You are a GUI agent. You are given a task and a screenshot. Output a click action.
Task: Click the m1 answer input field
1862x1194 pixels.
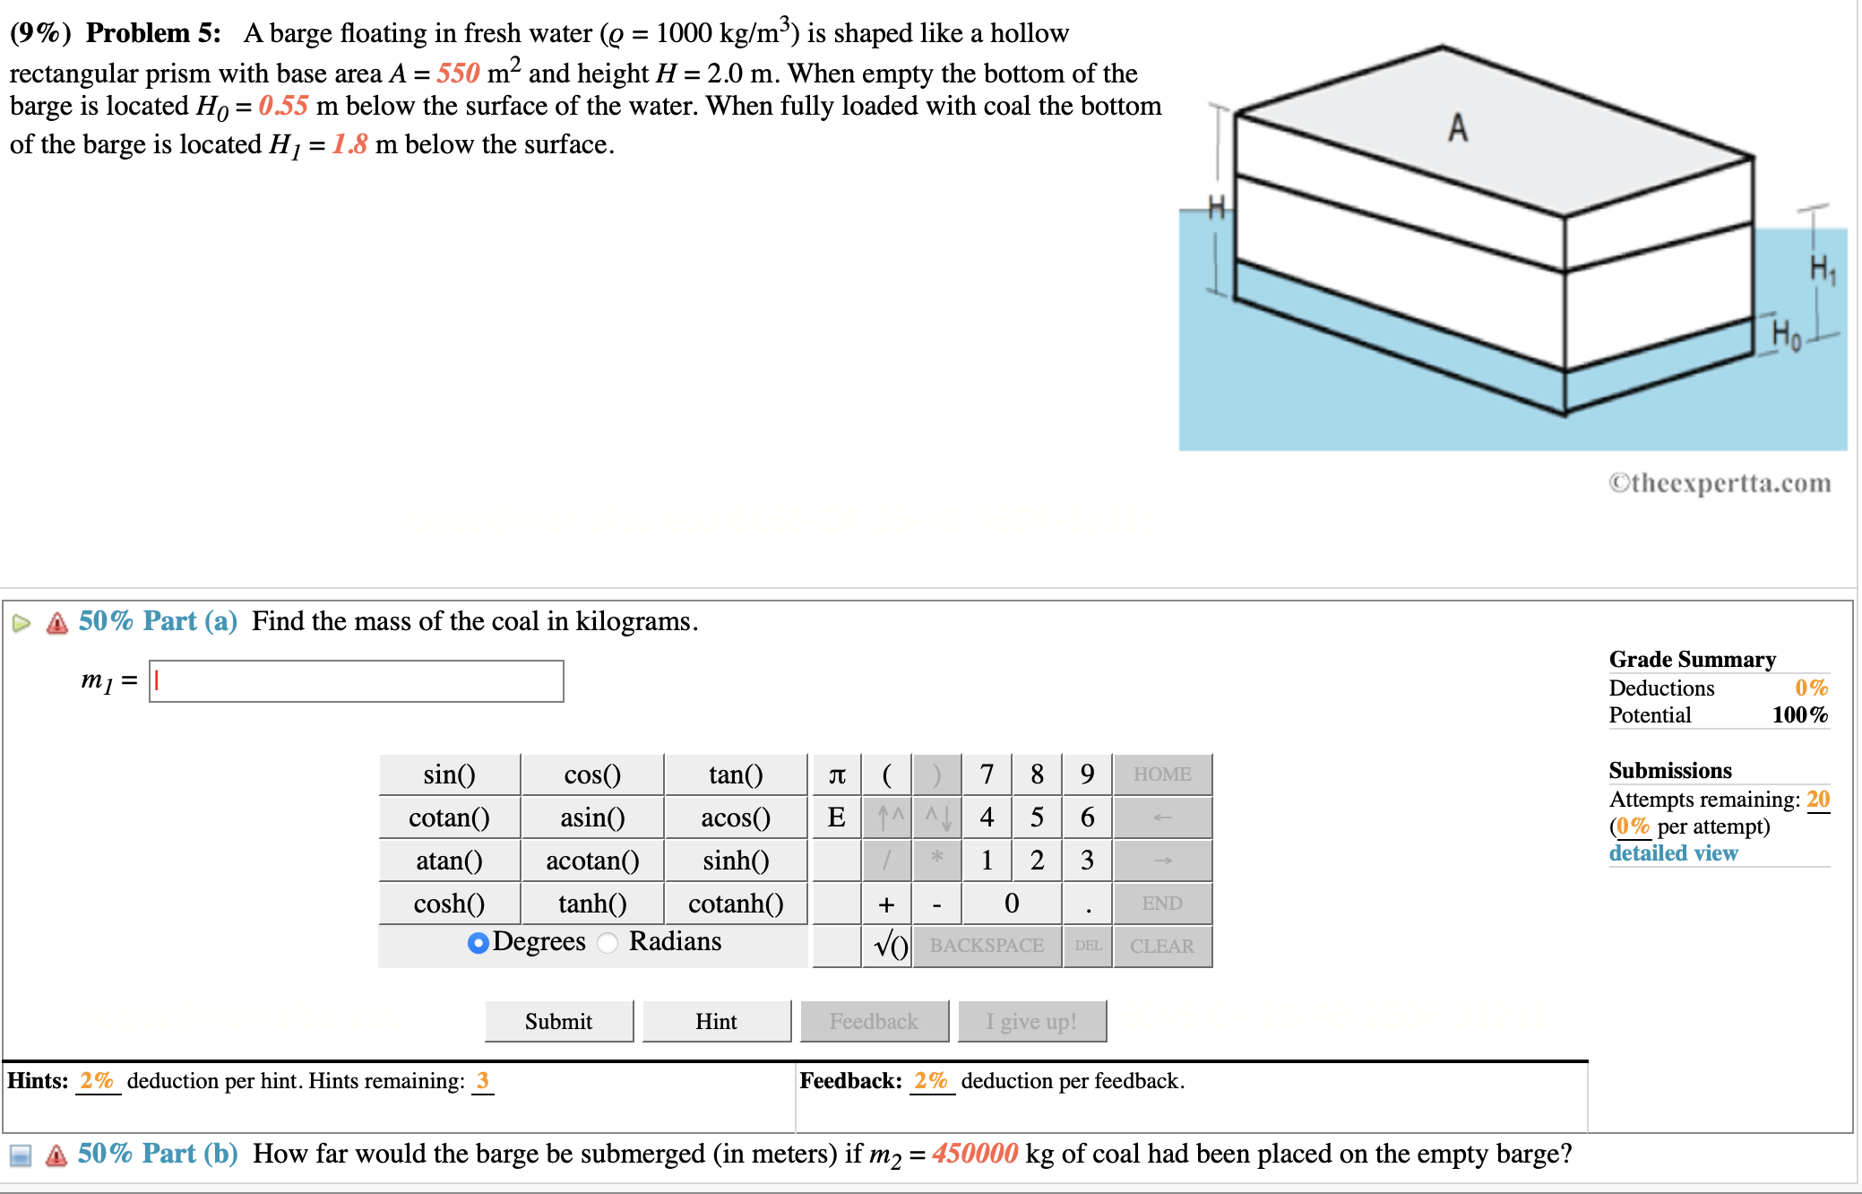pos(356,681)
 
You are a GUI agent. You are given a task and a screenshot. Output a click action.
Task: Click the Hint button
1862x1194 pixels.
pos(716,1021)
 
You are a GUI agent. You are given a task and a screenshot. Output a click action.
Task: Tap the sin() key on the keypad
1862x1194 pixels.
pos(449,774)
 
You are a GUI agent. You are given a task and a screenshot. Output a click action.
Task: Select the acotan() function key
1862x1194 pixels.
pos(592,861)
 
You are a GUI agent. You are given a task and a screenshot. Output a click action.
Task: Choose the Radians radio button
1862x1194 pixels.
pos(608,942)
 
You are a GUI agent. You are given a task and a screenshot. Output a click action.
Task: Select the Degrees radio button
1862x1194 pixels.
pos(478,942)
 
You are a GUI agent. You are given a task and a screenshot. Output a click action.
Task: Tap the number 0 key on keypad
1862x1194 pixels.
pos(1011,904)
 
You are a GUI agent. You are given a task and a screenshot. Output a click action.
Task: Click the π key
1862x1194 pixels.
pos(837,774)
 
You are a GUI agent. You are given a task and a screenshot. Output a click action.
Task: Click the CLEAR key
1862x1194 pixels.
pos(1161,946)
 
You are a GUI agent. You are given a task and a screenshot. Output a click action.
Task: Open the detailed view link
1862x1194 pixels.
pos(1673,852)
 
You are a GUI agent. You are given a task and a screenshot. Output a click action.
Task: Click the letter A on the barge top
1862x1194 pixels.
pos(1458,128)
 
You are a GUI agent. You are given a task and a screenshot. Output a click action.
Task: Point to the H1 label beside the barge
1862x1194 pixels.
pos(1822,268)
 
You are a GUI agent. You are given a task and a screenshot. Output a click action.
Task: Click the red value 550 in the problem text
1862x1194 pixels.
pos(458,73)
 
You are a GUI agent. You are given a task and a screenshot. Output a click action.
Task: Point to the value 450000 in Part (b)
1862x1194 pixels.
pos(974,1153)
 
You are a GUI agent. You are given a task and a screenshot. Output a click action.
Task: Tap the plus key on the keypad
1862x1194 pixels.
pos(886,904)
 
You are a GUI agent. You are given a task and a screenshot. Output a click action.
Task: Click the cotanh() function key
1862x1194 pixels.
pos(736,904)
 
